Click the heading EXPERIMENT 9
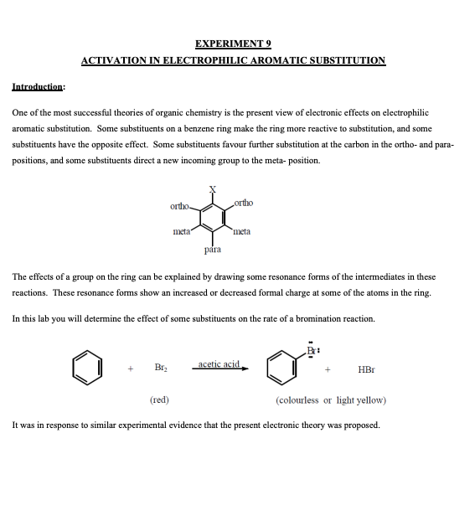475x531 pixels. tap(233, 44)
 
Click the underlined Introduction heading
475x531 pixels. tap(39, 85)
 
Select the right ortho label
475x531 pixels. tap(244, 203)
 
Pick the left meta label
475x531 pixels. tap(181, 230)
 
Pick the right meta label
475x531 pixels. tap(242, 231)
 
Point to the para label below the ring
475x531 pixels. tap(213, 250)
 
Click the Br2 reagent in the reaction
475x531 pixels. tap(157, 369)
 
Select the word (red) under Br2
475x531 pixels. tap(159, 400)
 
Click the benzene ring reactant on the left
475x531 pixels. tap(88, 368)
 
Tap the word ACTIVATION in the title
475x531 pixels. tap(112, 60)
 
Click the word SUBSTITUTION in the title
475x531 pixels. tap(344, 60)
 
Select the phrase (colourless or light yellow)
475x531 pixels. tap(331, 400)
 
